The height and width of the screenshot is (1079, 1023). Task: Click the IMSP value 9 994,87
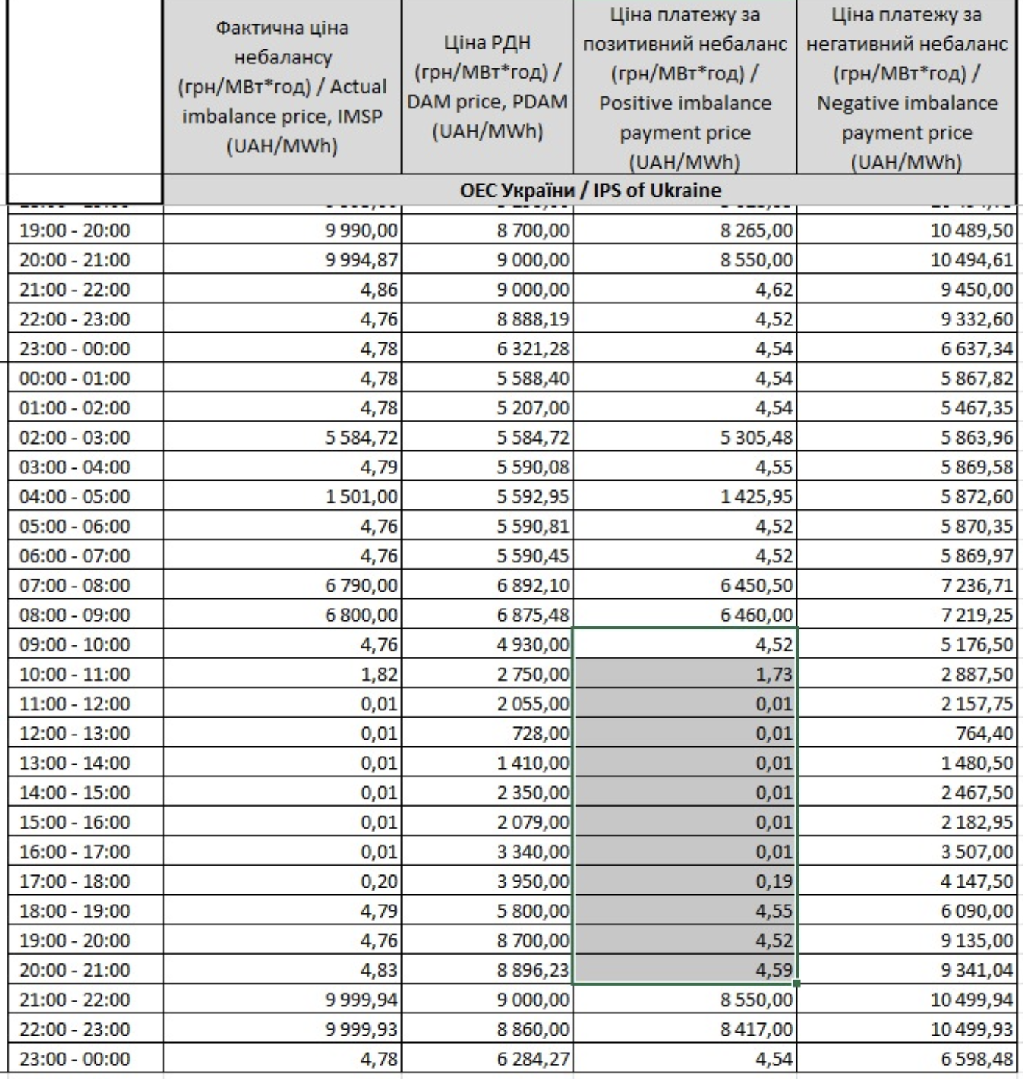361,260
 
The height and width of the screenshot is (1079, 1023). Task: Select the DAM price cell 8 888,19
533,319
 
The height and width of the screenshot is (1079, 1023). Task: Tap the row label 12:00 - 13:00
74,733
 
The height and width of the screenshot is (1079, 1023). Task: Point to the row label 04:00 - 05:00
74,496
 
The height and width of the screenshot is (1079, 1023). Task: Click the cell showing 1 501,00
361,496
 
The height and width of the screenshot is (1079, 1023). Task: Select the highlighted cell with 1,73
774,674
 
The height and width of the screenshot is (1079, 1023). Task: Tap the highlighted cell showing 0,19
774,881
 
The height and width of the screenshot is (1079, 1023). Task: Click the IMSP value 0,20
379,881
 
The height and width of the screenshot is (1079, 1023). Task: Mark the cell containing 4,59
774,970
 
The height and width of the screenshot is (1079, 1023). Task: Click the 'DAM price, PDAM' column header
487,88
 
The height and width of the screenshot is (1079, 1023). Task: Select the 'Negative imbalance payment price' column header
907,88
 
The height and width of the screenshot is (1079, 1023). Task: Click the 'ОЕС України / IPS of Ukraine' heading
590,191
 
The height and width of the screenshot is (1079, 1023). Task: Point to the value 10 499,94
972,1000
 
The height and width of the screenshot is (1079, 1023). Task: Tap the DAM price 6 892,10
533,585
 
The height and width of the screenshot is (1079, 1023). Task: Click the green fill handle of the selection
797,983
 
